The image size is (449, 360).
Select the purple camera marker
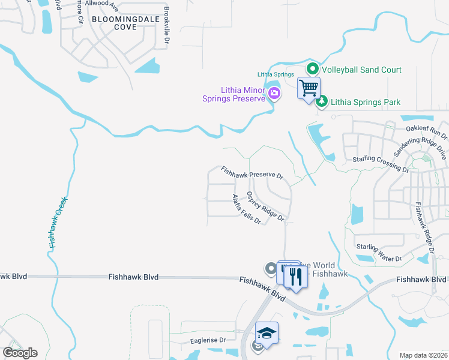coord(274,92)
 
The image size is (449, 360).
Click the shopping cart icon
coord(309,88)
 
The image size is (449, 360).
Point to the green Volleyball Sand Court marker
coord(312,70)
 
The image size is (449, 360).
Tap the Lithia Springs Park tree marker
coord(322,102)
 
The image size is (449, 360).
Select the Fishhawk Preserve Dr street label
coord(252,173)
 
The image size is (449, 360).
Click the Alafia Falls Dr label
coord(247,209)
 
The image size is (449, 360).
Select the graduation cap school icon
coord(267,332)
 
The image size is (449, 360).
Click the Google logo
coord(20,353)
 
